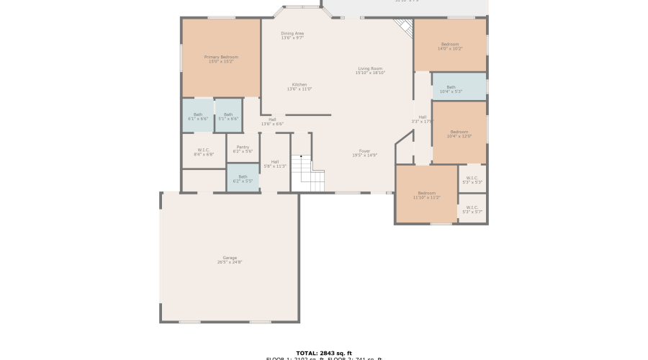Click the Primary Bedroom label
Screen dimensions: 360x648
pos(221,59)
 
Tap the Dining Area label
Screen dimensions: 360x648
pos(292,35)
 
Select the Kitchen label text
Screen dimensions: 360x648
pos(299,86)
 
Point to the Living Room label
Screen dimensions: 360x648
pos(370,71)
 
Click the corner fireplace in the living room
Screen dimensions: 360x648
pos(405,27)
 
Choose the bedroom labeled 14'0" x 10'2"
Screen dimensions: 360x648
pos(450,46)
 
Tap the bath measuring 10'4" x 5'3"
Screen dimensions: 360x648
pos(451,89)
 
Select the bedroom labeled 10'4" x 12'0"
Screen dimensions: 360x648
pos(460,134)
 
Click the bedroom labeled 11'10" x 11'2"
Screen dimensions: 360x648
pos(426,194)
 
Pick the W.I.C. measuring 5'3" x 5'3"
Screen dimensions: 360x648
pos(472,180)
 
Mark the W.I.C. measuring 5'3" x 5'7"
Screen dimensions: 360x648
pos(472,210)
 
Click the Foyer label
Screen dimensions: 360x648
pos(365,153)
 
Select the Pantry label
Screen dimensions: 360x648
pos(243,149)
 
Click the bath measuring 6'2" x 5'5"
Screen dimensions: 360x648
pos(243,178)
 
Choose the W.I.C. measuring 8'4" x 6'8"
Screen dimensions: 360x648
pos(204,152)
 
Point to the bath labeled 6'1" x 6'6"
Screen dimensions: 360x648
pos(197,117)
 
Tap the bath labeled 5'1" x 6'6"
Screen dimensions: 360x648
pos(228,117)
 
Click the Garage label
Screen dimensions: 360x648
pos(229,259)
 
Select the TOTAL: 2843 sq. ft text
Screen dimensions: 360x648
pos(323,353)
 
